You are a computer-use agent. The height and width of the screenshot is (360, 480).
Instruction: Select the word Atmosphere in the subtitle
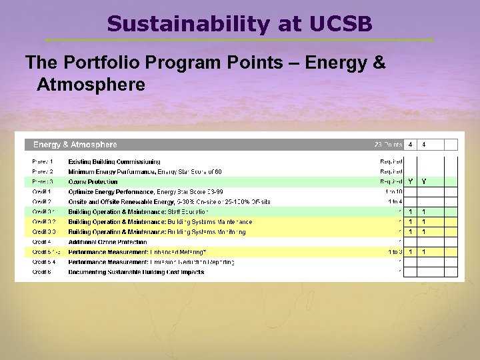coord(91,85)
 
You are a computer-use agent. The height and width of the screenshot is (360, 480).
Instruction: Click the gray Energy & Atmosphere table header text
coord(75,145)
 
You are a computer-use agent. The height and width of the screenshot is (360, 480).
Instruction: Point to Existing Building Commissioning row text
coord(114,161)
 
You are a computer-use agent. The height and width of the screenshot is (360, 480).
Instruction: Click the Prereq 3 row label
coord(43,181)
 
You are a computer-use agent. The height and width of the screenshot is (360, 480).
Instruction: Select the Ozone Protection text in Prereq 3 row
coord(93,181)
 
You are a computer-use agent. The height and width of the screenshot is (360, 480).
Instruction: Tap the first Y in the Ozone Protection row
coord(411,181)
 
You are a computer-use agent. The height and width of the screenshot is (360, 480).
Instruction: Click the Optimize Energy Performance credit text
coord(111,191)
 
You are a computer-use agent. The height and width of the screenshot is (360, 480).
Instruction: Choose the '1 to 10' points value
coord(393,191)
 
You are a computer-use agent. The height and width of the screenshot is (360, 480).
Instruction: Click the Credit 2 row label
coord(41,201)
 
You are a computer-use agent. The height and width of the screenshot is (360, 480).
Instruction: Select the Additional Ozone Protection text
coord(107,241)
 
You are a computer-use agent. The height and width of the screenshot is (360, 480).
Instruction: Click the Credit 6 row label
coord(41,271)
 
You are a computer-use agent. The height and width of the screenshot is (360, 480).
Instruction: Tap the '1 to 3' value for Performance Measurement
coord(395,251)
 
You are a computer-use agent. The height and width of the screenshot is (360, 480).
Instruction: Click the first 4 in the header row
coord(411,144)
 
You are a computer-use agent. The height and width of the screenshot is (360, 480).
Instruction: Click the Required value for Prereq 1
coord(391,161)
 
